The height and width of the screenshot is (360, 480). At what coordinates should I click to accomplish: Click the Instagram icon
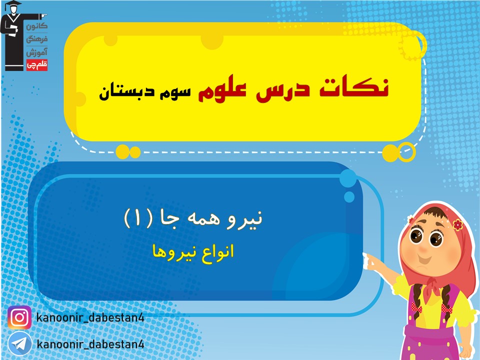coord(19,318)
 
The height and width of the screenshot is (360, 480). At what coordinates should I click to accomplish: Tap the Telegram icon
coord(19,344)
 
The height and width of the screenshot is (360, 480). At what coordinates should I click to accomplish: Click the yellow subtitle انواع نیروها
coord(193,253)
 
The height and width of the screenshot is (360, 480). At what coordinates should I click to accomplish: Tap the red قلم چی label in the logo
coord(36,64)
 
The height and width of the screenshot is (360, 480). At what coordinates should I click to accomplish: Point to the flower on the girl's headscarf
coord(457,225)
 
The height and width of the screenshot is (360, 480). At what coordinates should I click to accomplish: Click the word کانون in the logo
coord(36,26)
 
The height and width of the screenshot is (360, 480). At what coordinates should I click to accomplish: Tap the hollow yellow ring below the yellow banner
coord(406,152)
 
